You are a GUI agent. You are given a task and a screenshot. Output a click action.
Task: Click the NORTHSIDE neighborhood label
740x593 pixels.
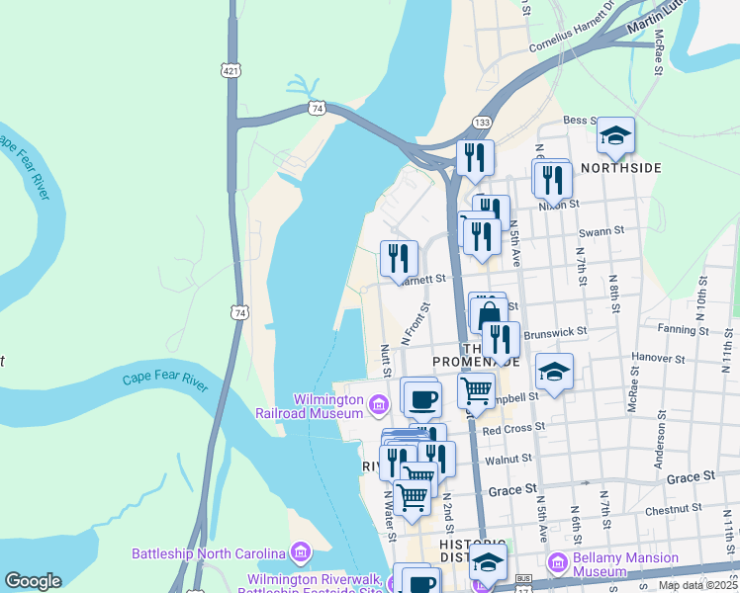(x=620, y=168)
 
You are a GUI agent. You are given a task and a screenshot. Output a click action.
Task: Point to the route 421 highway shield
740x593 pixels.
(x=231, y=70)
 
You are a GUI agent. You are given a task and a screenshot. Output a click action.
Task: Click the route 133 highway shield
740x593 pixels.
(x=482, y=122)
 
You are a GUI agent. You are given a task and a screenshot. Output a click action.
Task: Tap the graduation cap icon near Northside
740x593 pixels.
(x=615, y=135)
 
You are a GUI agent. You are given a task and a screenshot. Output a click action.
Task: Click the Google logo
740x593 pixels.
(x=34, y=581)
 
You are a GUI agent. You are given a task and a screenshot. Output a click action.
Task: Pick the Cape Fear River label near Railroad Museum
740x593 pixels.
(x=165, y=379)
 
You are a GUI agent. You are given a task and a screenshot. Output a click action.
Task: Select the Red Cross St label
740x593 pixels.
(x=513, y=429)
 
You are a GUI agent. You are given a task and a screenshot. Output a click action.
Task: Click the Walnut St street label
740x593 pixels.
(x=509, y=458)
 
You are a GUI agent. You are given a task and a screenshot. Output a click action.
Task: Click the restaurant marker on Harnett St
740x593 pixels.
(x=399, y=258)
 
